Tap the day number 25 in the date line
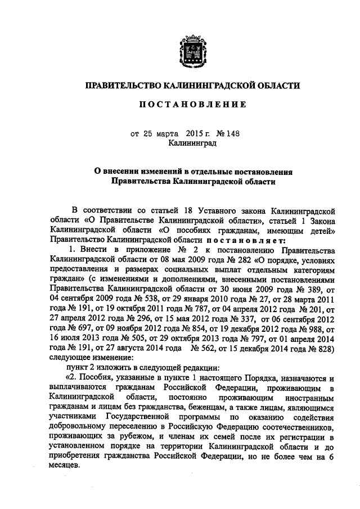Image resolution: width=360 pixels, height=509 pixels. (147, 134)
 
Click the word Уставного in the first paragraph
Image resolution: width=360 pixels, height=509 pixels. (214, 210)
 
